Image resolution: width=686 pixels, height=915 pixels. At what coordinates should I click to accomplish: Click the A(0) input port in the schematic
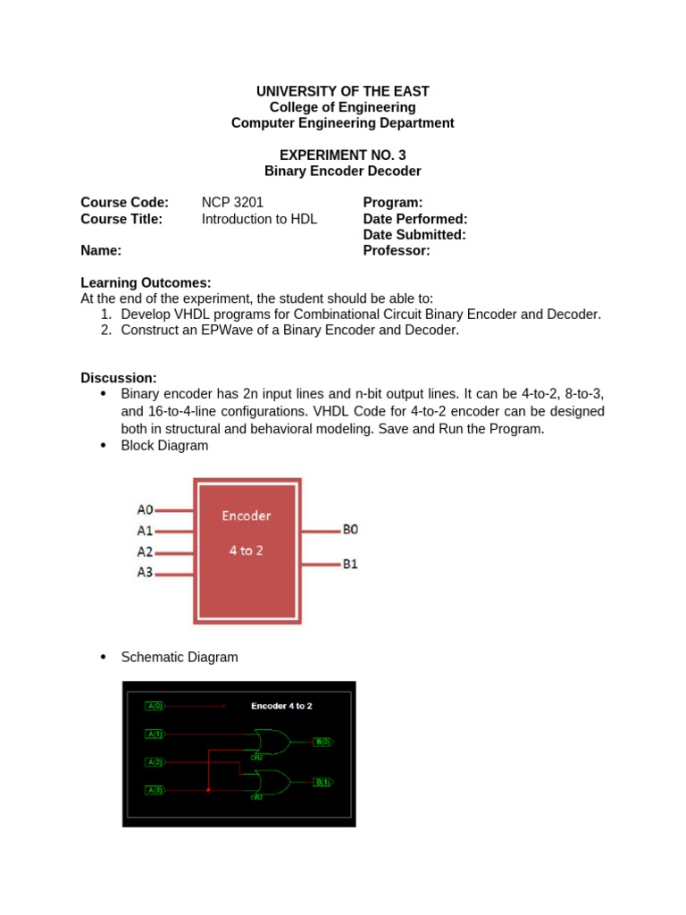(155, 706)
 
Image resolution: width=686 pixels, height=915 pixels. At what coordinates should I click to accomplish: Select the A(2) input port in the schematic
(155, 762)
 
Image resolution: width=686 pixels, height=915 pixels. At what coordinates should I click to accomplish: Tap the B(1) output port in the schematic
(322, 782)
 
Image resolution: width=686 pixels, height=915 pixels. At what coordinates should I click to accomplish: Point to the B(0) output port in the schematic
(322, 742)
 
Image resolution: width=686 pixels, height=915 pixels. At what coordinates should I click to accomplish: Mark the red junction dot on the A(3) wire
(208, 790)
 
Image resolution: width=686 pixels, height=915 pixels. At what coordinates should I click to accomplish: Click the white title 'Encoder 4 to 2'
(281, 706)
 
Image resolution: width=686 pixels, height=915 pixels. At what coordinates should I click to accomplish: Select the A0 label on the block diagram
(145, 509)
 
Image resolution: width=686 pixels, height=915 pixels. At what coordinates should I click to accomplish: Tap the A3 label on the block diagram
(145, 572)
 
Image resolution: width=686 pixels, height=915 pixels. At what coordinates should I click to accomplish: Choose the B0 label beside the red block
(350, 529)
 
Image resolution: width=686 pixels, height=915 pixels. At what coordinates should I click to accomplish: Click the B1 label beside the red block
(350, 564)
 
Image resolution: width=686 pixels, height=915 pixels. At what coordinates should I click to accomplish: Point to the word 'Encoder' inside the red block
(246, 516)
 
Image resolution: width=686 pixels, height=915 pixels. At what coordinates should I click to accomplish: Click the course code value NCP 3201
(232, 203)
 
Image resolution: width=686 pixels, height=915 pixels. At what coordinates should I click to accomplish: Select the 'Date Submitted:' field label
(414, 235)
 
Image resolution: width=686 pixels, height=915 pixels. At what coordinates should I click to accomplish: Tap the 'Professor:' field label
(397, 251)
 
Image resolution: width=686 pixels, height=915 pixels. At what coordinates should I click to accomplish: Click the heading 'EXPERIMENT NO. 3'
(343, 155)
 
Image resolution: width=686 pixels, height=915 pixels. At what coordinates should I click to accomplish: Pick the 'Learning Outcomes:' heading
(146, 282)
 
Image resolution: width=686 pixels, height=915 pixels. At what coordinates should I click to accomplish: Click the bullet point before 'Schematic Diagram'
(102, 657)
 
